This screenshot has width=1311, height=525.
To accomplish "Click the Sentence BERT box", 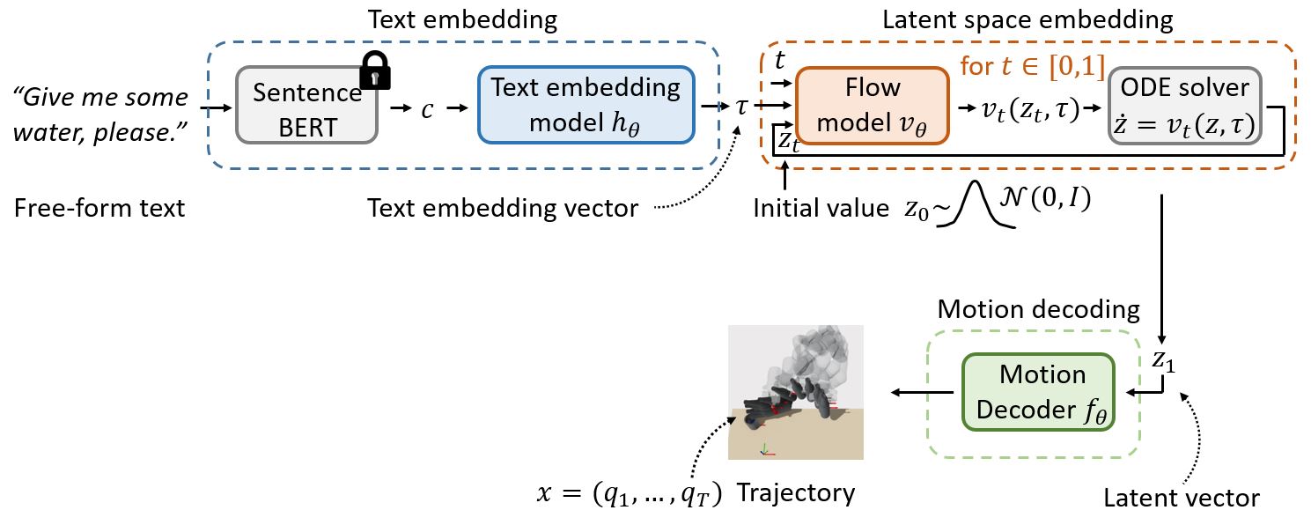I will pos(306,107).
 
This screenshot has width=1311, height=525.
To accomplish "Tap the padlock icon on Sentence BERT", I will pos(376,70).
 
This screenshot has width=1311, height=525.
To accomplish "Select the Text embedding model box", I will pos(586,104).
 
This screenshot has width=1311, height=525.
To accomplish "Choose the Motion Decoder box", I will pos(1038,391).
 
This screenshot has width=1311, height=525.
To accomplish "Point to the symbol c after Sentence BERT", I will pos(427,108).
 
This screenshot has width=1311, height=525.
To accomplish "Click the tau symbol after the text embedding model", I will pos(741,107).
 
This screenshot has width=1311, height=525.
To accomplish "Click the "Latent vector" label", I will pos(1181,499).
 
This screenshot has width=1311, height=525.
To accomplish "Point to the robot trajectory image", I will pos(796,392).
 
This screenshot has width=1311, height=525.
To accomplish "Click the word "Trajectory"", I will pos(795,492).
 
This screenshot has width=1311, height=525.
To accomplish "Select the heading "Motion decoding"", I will pos(1039,309).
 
